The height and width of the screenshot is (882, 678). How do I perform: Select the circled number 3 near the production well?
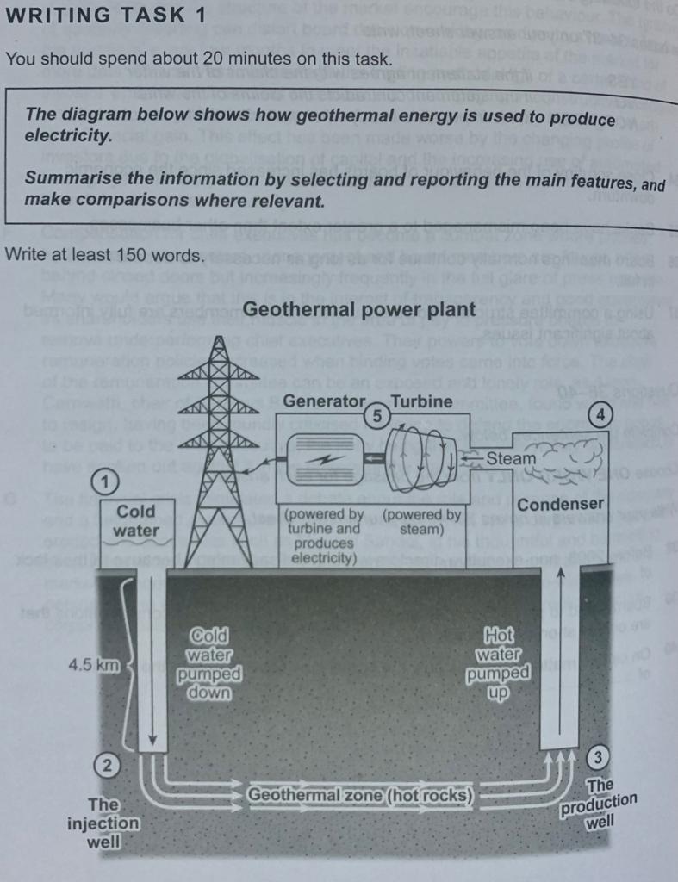[x=599, y=757]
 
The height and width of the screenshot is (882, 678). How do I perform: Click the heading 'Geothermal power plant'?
[x=359, y=309]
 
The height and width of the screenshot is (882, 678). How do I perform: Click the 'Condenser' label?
[x=561, y=504]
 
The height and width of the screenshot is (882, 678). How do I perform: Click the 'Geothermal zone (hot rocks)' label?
[x=360, y=795]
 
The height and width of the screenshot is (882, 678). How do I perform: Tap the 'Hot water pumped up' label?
[x=499, y=664]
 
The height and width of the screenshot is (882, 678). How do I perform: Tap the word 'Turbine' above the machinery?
[x=421, y=401]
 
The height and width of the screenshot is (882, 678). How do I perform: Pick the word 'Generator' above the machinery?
[x=324, y=401]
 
